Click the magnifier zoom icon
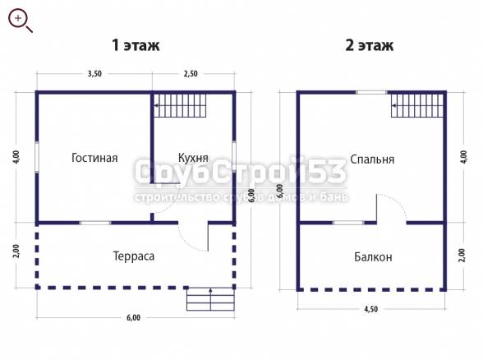click(20, 21)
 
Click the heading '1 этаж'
click(136, 45)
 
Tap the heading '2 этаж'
click(370, 45)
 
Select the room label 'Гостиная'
click(94, 158)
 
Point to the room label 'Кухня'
click(193, 158)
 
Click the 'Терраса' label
click(134, 256)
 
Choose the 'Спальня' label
click(372, 159)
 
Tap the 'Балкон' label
click(373, 256)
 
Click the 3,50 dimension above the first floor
click(94, 74)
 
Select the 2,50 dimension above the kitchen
click(191, 74)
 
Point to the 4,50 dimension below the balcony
click(371, 309)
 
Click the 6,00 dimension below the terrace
click(133, 318)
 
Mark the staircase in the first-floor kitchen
click(180, 105)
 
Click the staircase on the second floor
click(417, 105)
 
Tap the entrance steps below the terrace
click(210, 299)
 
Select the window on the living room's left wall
click(37, 157)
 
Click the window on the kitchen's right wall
click(234, 156)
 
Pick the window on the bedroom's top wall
click(371, 92)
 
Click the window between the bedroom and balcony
click(348, 223)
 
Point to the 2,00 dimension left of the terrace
click(16, 252)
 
